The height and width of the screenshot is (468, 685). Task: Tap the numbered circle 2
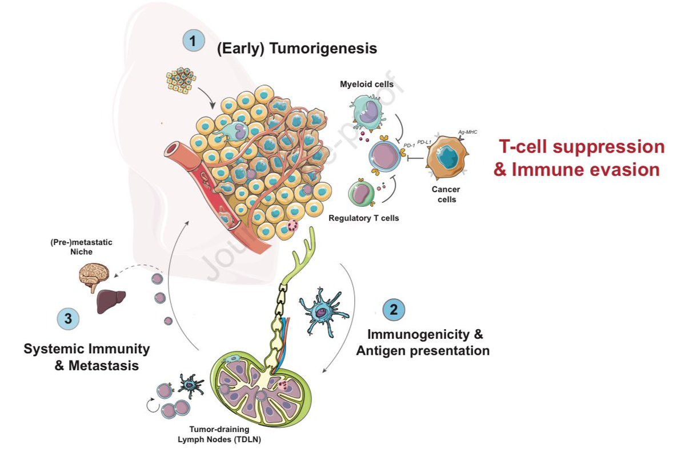393,310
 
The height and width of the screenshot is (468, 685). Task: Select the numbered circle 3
67,319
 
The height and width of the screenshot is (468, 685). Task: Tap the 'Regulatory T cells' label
363,218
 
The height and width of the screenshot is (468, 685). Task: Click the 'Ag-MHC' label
468,131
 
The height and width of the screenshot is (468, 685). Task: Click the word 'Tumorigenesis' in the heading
323,48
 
